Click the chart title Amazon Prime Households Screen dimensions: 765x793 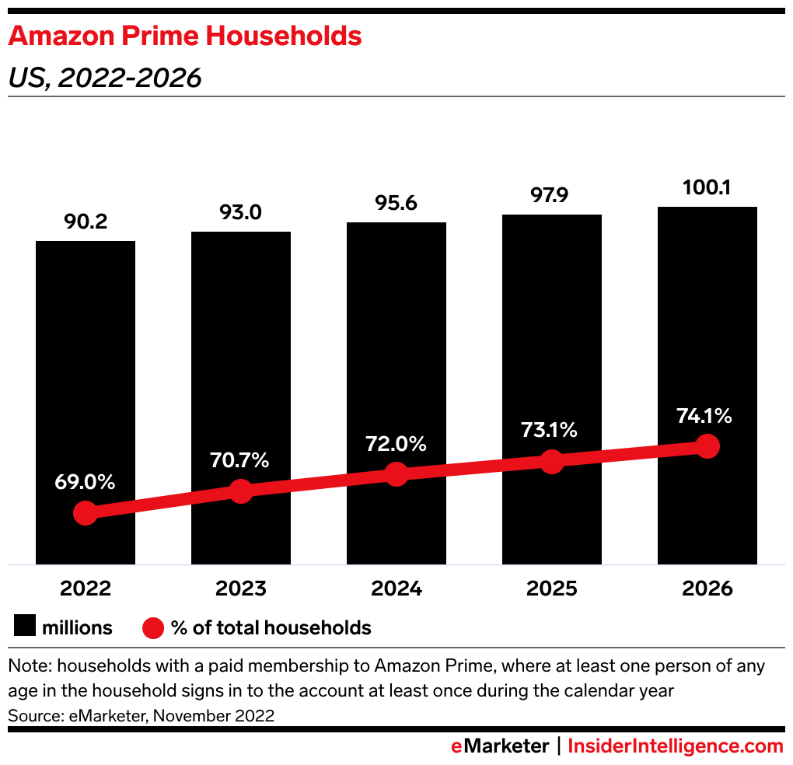pyautogui.click(x=185, y=37)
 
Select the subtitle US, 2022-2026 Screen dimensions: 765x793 pyautogui.click(x=105, y=78)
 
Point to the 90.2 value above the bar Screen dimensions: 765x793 pyautogui.click(x=86, y=222)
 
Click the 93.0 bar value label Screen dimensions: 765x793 pyautogui.click(x=241, y=212)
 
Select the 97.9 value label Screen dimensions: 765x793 pyautogui.click(x=551, y=195)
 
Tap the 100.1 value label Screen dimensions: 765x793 pyautogui.click(x=707, y=187)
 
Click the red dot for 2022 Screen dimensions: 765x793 pyautogui.click(x=86, y=513)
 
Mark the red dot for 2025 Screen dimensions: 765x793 pyautogui.click(x=551, y=461)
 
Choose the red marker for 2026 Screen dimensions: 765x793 pyautogui.click(x=707, y=445)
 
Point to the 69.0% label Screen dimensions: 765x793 pyautogui.click(x=85, y=482)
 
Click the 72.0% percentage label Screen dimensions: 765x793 pyautogui.click(x=396, y=445)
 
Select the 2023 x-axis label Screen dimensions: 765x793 pyautogui.click(x=241, y=589)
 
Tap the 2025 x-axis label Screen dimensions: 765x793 pyautogui.click(x=551, y=589)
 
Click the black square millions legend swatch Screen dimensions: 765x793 pyautogui.click(x=25, y=627)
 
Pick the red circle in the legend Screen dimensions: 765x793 pyautogui.click(x=154, y=627)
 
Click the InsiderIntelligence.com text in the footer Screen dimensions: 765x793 pyautogui.click(x=676, y=746)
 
